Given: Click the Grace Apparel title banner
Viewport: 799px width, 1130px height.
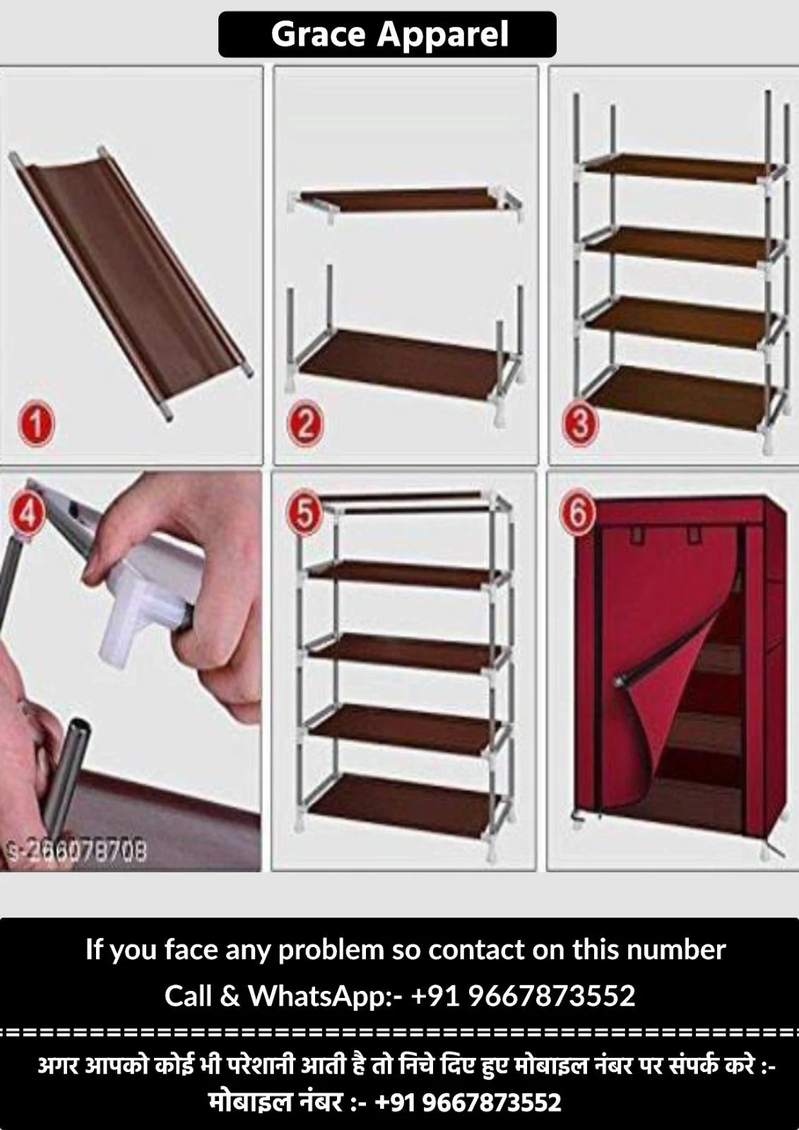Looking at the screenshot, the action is [387, 35].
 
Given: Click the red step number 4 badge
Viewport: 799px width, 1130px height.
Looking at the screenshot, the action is [27, 514].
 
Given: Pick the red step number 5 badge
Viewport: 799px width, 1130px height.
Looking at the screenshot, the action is [304, 515].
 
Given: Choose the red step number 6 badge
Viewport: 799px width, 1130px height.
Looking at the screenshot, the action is [578, 515].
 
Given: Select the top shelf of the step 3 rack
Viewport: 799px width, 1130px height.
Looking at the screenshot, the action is [682, 167].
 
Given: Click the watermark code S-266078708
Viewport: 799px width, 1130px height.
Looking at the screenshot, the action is [76, 852].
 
